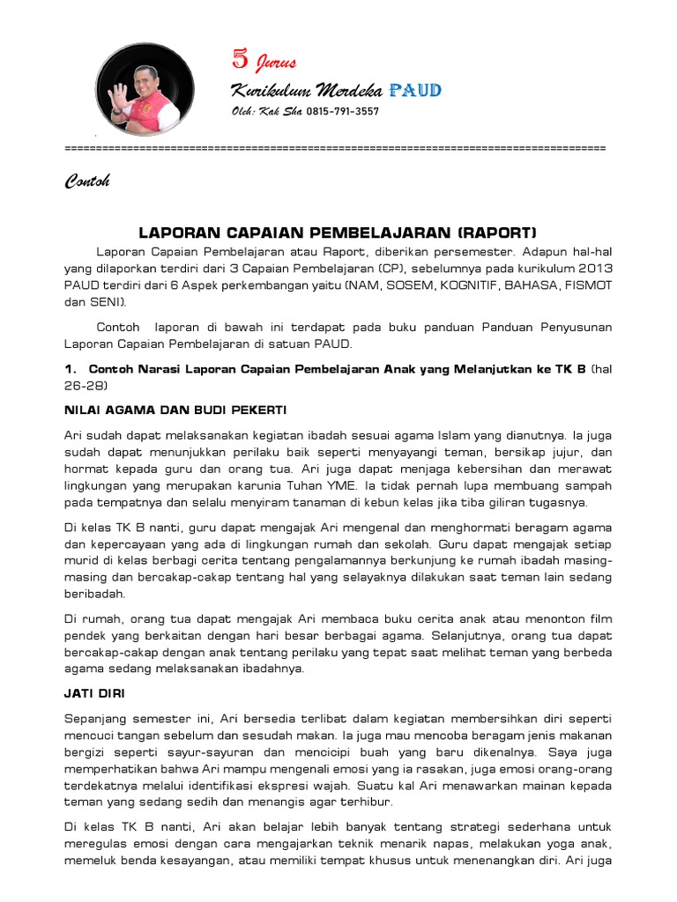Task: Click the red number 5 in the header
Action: pos(240,60)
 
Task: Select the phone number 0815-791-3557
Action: pos(343,112)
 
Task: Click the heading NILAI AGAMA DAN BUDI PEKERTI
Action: pos(175,410)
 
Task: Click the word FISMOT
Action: pos(587,286)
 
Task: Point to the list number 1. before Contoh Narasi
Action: pos(71,367)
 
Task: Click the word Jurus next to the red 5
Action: pos(276,63)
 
